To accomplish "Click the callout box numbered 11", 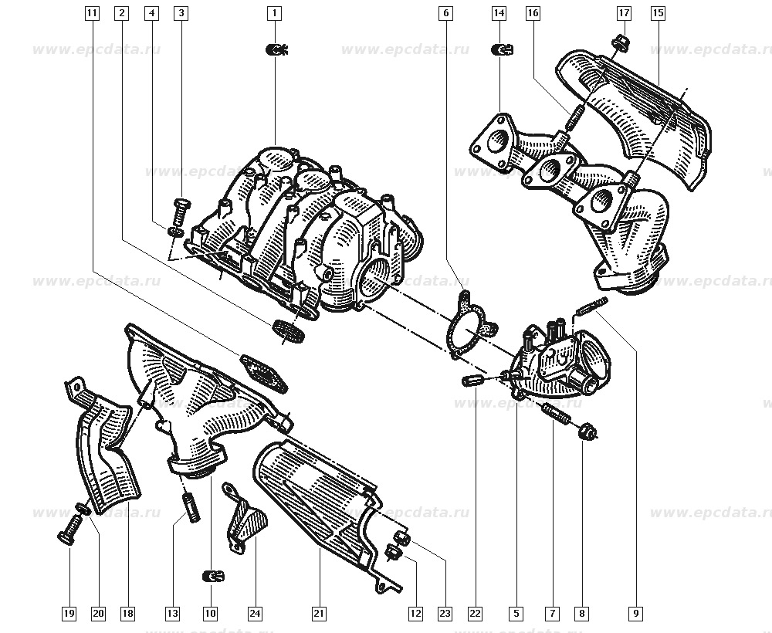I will coord(92,13).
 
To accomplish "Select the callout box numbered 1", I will coord(274,13).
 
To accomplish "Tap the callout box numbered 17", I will coord(624,13).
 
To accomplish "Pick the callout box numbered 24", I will coord(254,614).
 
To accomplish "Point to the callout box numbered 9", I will coord(635,614).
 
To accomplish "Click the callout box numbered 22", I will coord(474,614).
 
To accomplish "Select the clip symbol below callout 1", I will coord(276,51).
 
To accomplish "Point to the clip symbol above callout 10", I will coord(212,575).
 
